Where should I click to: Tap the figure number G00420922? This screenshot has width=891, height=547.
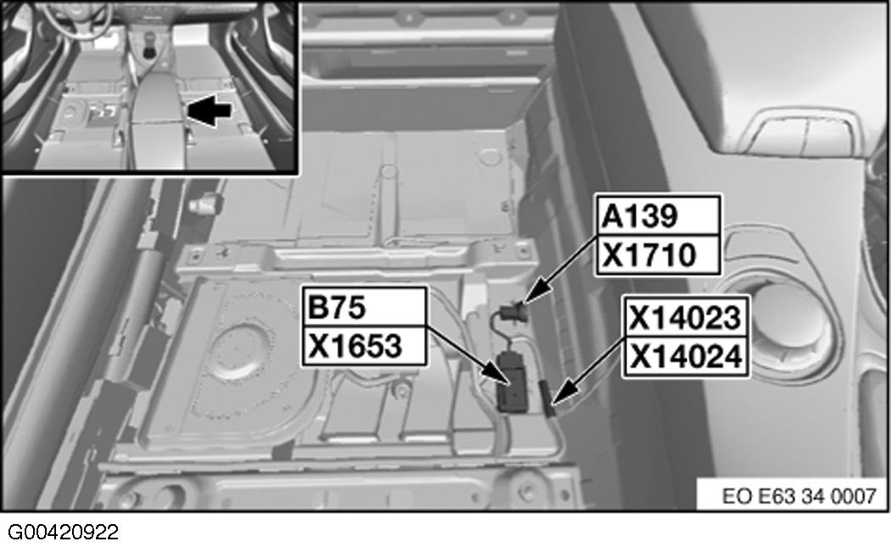[x=64, y=533]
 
